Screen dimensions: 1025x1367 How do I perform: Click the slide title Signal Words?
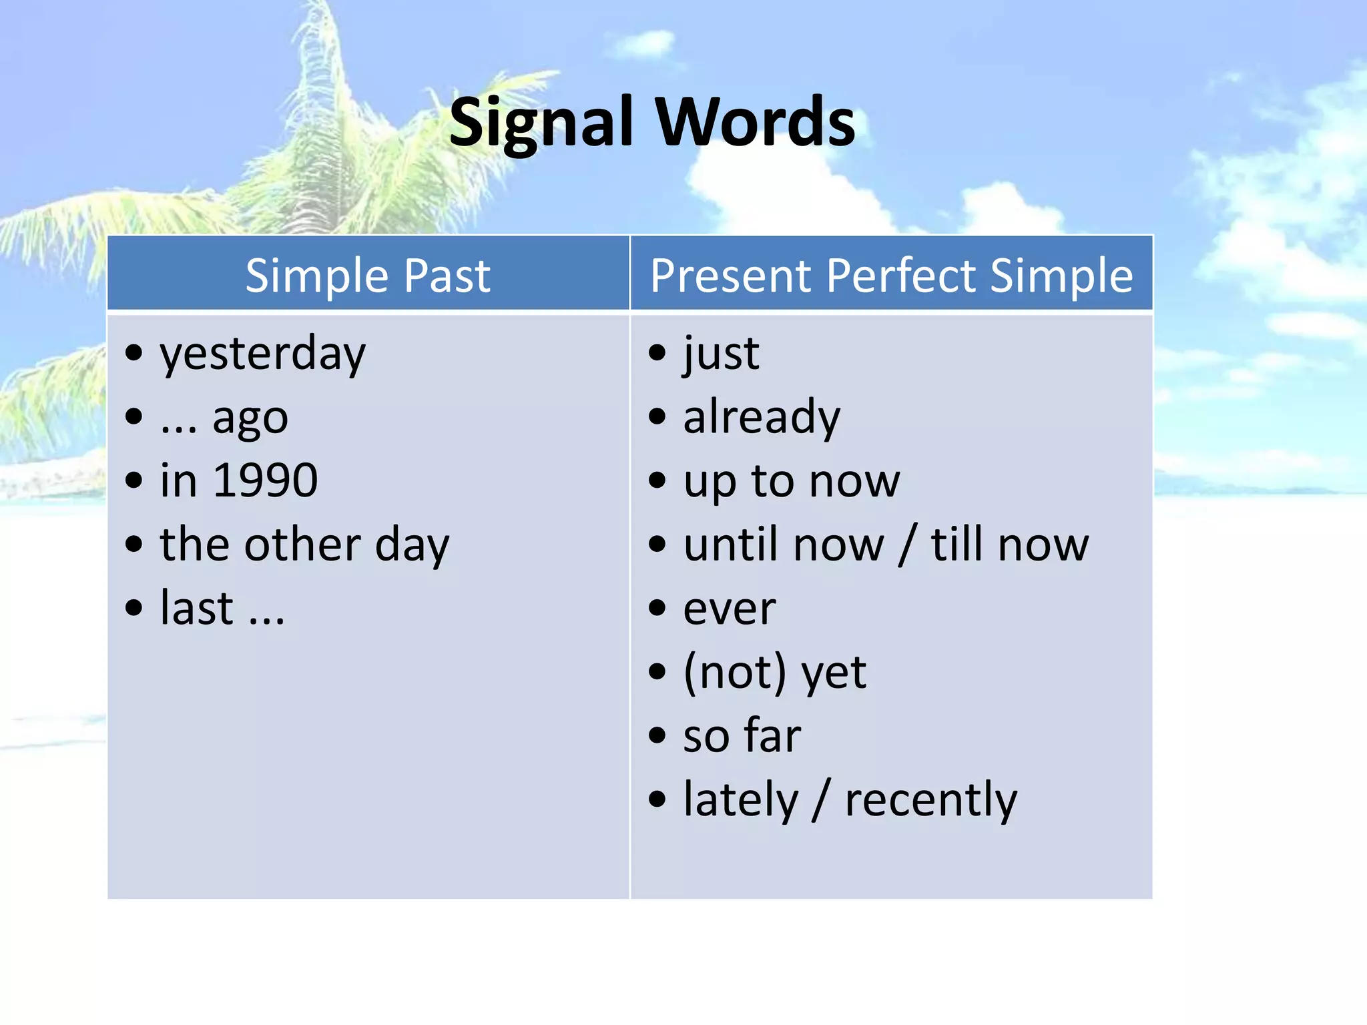652,123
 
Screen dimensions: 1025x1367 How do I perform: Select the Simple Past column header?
368,276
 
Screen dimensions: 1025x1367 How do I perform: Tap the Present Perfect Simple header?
891,276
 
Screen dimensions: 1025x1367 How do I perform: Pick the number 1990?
265,480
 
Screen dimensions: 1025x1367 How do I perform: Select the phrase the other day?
304,545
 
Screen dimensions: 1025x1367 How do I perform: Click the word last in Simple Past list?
196,609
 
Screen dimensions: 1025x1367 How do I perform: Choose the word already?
762,417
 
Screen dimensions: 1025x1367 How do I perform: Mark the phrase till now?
1009,545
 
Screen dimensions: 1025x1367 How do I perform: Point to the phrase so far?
742,735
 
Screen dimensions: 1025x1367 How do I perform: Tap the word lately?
741,800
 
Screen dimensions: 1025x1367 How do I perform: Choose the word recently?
930,800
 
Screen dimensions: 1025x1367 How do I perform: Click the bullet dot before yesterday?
134,352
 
